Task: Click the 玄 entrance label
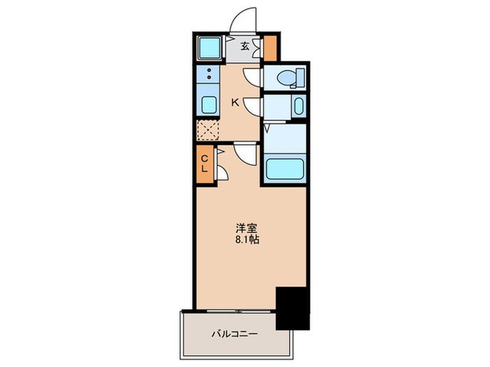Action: click(246, 47)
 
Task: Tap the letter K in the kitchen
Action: click(235, 103)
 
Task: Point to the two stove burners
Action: click(208, 75)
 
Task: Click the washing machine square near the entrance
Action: click(209, 48)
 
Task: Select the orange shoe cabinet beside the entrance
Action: click(270, 47)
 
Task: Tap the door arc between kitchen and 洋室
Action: click(245, 152)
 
